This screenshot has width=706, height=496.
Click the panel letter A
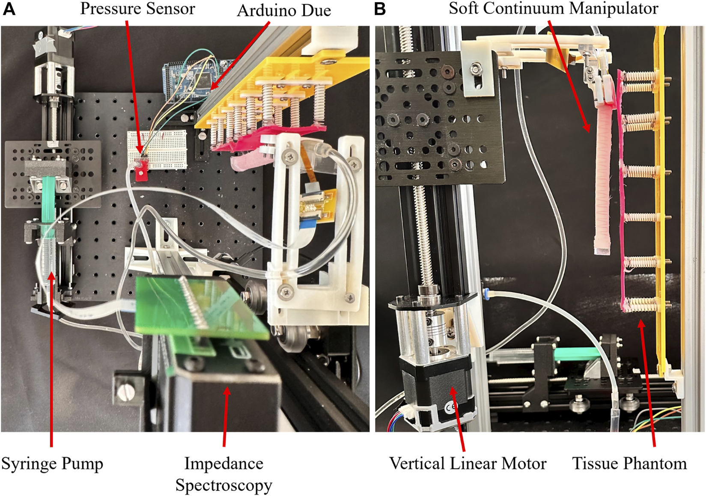click(9, 9)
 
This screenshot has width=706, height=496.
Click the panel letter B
click(380, 9)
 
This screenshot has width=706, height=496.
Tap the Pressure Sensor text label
click(137, 9)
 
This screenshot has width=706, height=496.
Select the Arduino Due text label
click(284, 11)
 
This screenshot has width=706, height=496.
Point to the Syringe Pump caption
click(52, 463)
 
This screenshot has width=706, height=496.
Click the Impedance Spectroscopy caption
click(223, 474)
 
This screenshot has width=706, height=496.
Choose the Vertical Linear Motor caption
click(468, 463)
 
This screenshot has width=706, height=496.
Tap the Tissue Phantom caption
click(629, 463)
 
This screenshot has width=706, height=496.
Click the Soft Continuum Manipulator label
click(553, 9)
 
